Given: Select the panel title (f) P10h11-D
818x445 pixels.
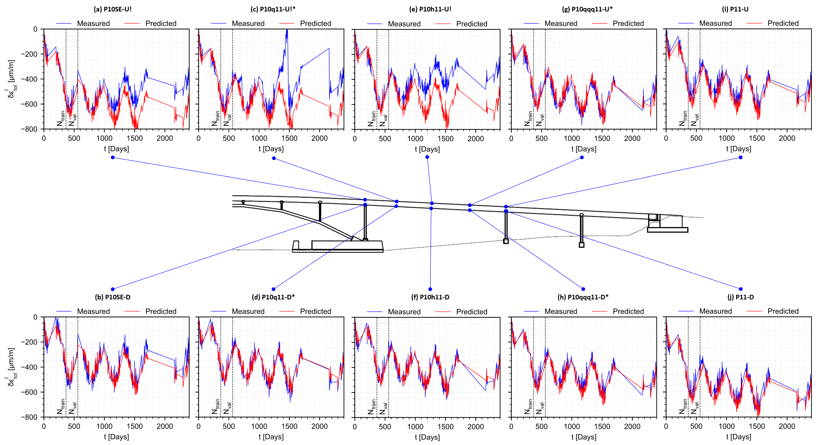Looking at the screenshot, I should tap(430, 297).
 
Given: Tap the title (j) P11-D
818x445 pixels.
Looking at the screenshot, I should tap(741, 297).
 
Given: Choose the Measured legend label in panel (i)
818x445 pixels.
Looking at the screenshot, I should tap(715, 23).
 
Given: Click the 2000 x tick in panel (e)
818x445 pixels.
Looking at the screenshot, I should tap(475, 138).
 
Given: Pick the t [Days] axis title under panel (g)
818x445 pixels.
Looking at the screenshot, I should tap(584, 149).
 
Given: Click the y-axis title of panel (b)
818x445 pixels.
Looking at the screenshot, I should tap(11, 367).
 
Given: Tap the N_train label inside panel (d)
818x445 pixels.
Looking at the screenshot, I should tap(216, 407).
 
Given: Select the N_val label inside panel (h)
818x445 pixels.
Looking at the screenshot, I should tap(539, 408).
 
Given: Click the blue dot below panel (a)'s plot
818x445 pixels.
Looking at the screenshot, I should tap(113, 158).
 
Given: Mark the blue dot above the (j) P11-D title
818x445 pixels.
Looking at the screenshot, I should tap(741, 289).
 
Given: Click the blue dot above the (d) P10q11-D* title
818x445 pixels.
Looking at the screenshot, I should tap(273, 289).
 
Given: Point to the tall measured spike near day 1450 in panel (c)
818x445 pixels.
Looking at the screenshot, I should tap(287, 32).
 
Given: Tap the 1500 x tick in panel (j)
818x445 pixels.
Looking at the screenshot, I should tap(757, 426).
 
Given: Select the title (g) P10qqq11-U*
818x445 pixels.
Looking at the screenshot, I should tap(587, 9).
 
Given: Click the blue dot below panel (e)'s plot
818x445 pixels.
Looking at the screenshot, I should tap(427, 157).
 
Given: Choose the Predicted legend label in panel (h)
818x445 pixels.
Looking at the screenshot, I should tap(628, 311).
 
